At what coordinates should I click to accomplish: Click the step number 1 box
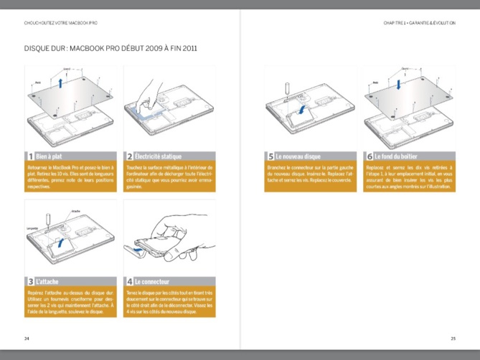pyautogui.click(x=29, y=156)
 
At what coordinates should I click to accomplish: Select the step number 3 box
pyautogui.click(x=29, y=282)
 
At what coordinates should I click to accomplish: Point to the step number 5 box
pyautogui.click(x=270, y=156)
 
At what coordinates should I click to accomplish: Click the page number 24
pyautogui.click(x=27, y=338)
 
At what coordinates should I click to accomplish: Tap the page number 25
pyautogui.click(x=453, y=338)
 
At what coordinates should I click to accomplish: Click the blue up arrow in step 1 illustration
pyautogui.click(x=62, y=83)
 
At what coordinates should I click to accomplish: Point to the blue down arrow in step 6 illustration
pyautogui.click(x=399, y=83)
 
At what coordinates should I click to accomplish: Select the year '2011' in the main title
pyautogui.click(x=188, y=49)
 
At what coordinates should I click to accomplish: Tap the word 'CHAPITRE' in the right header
pyautogui.click(x=395, y=23)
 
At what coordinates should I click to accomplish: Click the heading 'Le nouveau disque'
pyautogui.click(x=297, y=156)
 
